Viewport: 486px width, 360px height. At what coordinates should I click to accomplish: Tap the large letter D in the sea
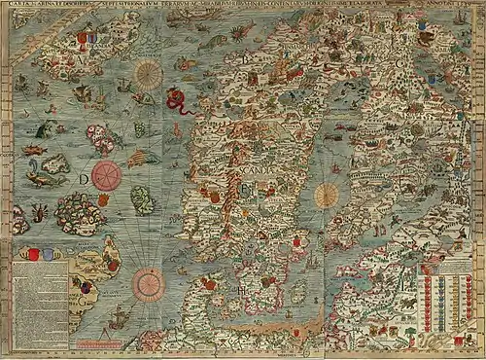pyautogui.click(x=85, y=178)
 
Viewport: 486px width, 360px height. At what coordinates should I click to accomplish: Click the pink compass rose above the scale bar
pyautogui.click(x=149, y=283)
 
